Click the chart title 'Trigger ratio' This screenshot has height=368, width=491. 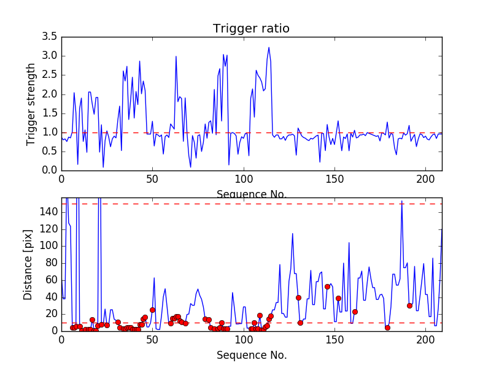point(251,29)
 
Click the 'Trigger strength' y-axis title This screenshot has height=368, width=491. point(31,104)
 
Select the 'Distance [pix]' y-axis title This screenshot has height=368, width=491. point(29,264)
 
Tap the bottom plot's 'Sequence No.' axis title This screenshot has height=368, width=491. point(252,355)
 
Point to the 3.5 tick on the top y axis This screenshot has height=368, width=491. point(51,37)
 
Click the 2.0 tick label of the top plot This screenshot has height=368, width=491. point(51,94)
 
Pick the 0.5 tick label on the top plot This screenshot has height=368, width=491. point(51,151)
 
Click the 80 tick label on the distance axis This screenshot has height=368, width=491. point(52,263)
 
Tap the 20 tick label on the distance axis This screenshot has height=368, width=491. point(52,314)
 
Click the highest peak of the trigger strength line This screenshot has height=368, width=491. point(268,47)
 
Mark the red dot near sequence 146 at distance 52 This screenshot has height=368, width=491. point(327,286)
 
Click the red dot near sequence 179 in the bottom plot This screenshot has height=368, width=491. point(387,328)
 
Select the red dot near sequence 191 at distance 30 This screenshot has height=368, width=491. point(409,305)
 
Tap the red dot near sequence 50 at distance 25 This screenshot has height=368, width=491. point(152,310)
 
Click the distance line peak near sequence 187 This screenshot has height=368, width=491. point(402,201)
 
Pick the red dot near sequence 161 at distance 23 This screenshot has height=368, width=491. point(355,312)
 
